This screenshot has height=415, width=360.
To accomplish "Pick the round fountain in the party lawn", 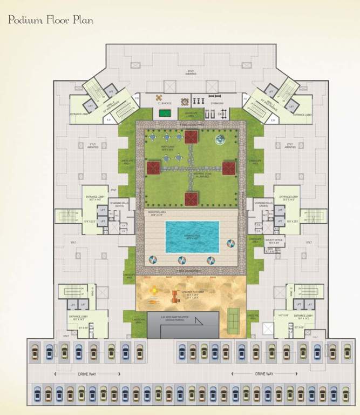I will tap(220, 140).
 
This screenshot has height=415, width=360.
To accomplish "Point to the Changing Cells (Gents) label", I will tap(119, 204).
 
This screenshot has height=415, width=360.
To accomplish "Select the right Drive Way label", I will tap(264, 374).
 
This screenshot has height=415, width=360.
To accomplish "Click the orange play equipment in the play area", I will tap(175, 296).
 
